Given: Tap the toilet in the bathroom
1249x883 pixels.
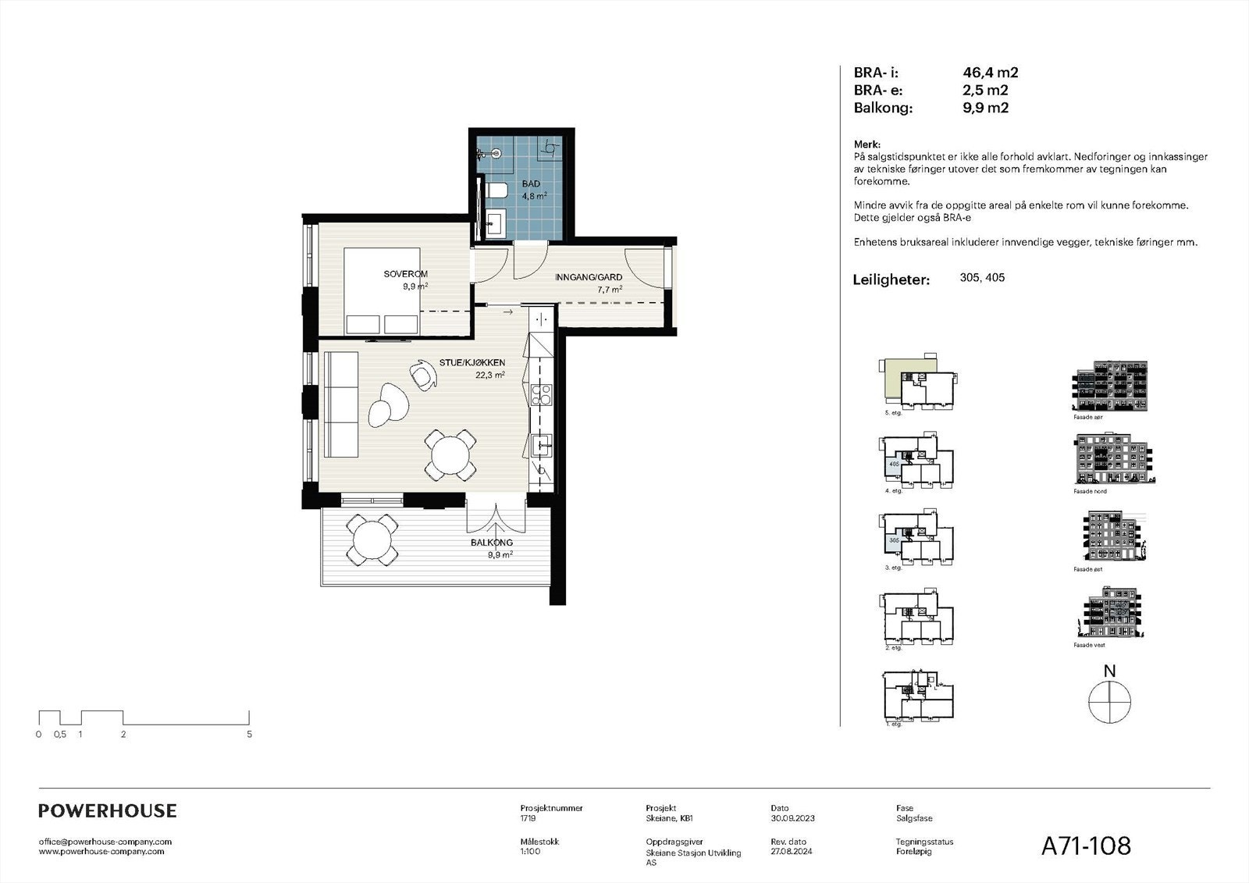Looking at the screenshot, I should pyautogui.click(x=496, y=190).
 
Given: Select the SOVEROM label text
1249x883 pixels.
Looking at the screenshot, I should pyautogui.click(x=405, y=274).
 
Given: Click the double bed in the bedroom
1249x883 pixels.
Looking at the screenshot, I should pyautogui.click(x=383, y=292).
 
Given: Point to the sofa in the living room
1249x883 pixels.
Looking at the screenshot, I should pyautogui.click(x=340, y=405).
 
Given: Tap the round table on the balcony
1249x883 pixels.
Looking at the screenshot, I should pyautogui.click(x=372, y=539).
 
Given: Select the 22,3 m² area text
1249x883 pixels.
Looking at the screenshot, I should pyautogui.click(x=489, y=375).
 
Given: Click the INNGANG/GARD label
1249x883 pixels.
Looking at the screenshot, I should pyautogui.click(x=588, y=277).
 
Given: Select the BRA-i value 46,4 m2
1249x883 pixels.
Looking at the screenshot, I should pyautogui.click(x=990, y=73).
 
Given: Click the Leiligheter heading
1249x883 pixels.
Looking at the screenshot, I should pyautogui.click(x=891, y=279).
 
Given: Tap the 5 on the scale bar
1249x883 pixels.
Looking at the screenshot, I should pyautogui.click(x=249, y=734).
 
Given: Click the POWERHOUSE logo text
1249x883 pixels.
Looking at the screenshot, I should pyautogui.click(x=108, y=811).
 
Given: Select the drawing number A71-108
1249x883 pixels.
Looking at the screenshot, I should pyautogui.click(x=1085, y=846).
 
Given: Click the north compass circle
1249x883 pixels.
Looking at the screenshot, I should pyautogui.click(x=1109, y=701).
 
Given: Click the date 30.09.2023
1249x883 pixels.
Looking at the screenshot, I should pyautogui.click(x=792, y=818).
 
